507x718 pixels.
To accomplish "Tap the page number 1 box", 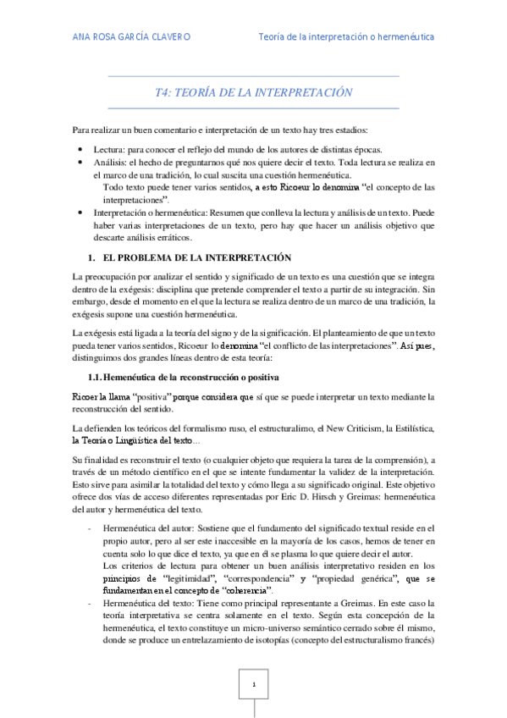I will [252, 683].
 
